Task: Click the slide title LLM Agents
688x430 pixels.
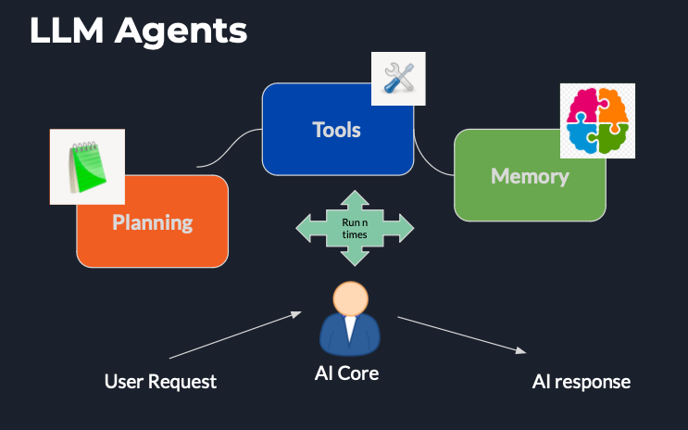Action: coord(138,31)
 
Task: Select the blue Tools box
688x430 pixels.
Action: coord(336,130)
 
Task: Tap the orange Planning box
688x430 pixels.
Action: coord(152,222)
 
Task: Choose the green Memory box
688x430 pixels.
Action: coord(530,176)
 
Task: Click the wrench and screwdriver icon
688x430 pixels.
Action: coord(397,78)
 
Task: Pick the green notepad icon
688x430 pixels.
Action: coord(86,167)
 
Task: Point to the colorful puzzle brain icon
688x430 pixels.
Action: coord(597,120)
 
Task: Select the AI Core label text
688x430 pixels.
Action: coord(347,374)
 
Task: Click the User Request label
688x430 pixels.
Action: coord(160,381)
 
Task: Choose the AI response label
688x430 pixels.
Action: coord(581,381)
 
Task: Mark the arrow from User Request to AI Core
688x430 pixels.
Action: coord(235,335)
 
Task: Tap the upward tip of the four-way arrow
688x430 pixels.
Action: coord(355,196)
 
